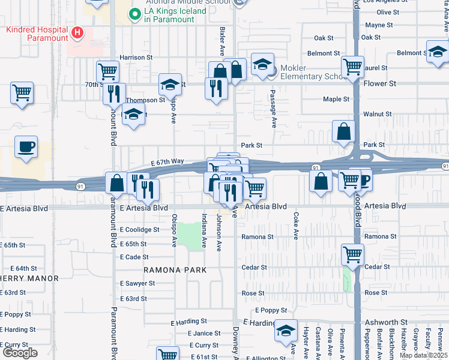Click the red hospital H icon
click(77, 32)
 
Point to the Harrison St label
click(136, 58)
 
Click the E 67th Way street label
click(167, 162)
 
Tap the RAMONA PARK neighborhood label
click(175, 270)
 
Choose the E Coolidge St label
click(139, 229)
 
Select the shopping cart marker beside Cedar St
click(352, 254)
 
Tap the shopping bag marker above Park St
click(344, 132)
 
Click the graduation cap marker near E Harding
click(286, 331)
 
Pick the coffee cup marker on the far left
click(25, 147)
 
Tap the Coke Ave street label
click(295, 226)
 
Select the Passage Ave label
click(273, 109)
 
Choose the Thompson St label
click(145, 100)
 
